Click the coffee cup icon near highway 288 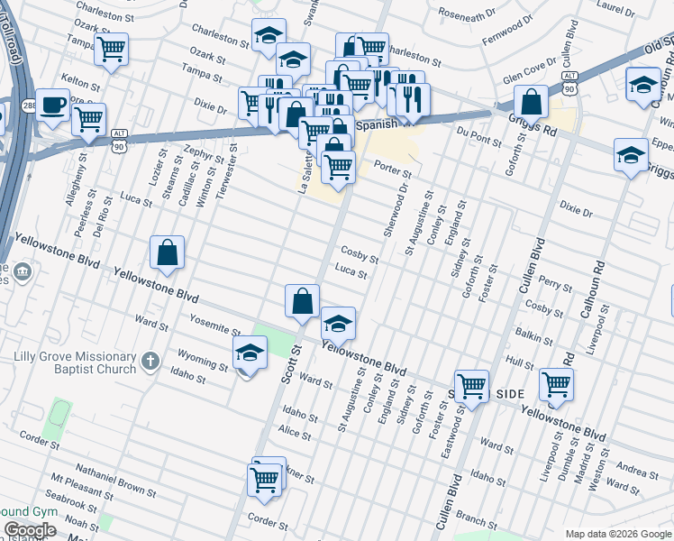click(52, 105)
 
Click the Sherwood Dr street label click(396, 211)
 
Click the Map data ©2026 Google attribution click(618, 534)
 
